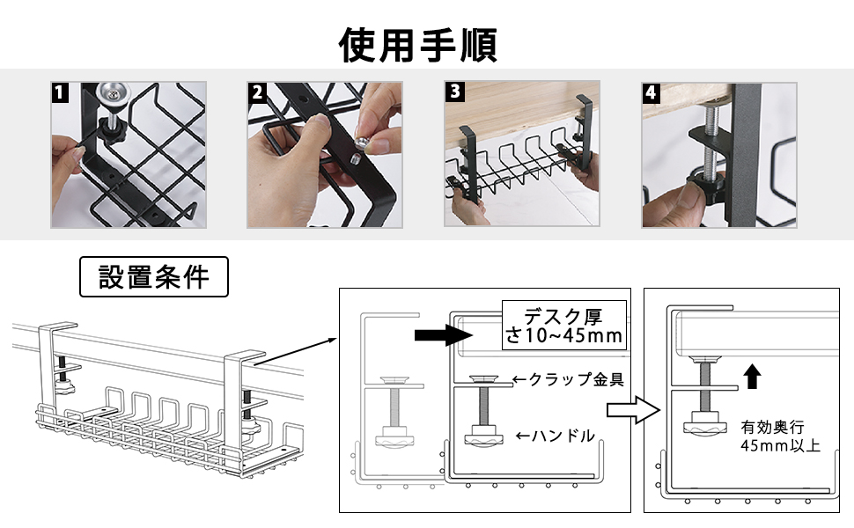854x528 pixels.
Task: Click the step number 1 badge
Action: (61, 92)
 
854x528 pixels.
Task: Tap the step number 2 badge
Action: (257, 92)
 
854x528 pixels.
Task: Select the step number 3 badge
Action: (454, 92)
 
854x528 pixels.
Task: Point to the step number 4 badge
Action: (652, 92)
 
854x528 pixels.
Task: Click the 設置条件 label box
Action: (154, 278)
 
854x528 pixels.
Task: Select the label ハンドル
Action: (555, 435)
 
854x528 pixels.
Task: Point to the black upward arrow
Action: (754, 376)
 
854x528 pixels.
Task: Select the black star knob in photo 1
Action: (113, 130)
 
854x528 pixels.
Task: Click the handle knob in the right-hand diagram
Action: (703, 429)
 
